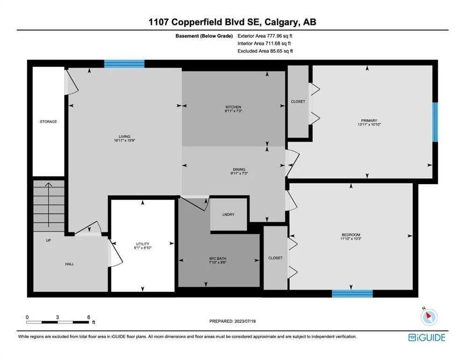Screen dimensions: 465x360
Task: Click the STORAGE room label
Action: point(48,122)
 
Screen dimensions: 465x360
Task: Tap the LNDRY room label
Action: point(229,214)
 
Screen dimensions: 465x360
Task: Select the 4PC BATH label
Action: point(218,258)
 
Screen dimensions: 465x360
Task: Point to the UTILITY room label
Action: point(143,244)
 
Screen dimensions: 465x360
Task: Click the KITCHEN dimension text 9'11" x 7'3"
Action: point(234,111)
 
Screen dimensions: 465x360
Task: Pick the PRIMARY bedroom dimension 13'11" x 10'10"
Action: point(369,125)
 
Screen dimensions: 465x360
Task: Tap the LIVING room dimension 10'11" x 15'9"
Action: point(125,140)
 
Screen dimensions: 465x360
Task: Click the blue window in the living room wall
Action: point(124,64)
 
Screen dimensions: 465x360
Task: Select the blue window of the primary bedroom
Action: point(435,122)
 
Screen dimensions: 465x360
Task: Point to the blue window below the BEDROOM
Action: point(352,293)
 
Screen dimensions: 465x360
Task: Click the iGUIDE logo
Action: point(427,338)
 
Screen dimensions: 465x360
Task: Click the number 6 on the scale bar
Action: point(89,317)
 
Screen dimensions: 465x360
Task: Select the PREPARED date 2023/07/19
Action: point(245,321)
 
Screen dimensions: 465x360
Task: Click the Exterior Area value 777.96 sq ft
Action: point(280,36)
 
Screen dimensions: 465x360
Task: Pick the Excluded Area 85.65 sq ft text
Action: point(265,51)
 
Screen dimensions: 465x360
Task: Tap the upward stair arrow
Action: point(48,205)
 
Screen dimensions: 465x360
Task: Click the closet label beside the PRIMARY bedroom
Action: point(298,102)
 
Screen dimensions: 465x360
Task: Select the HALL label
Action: point(69,264)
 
